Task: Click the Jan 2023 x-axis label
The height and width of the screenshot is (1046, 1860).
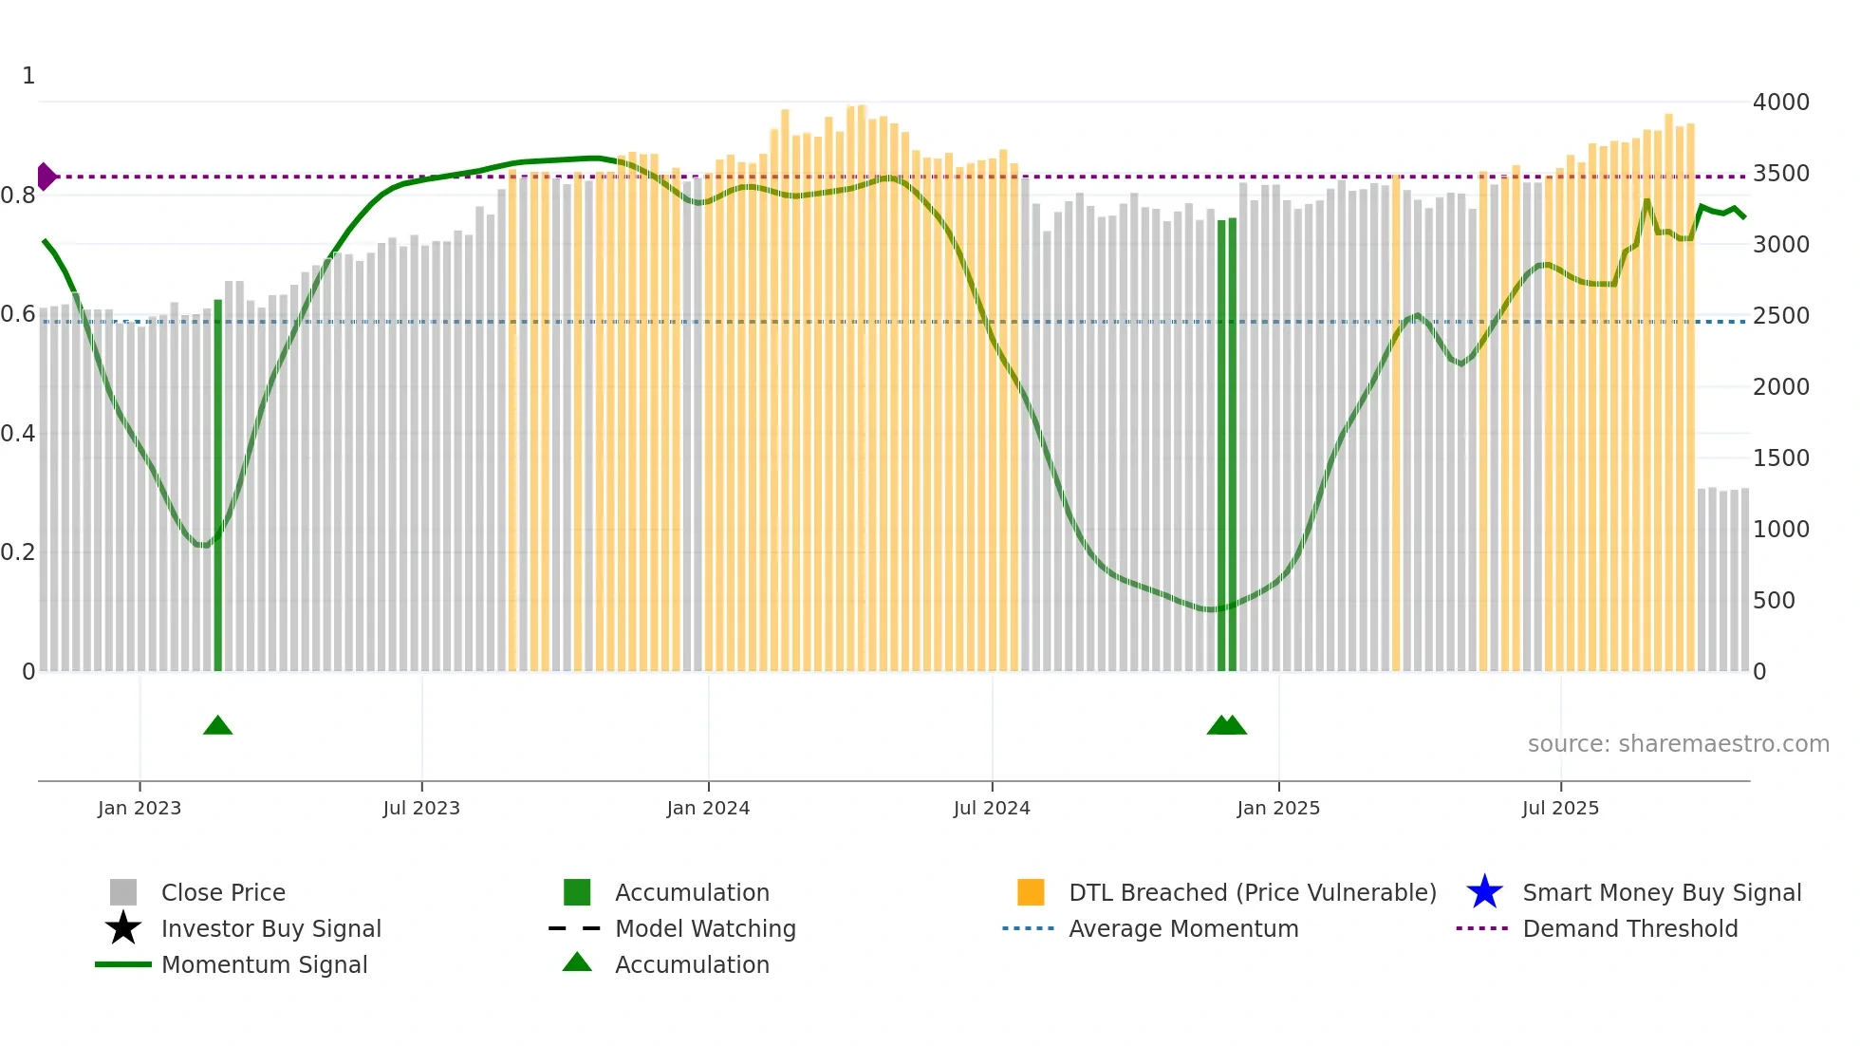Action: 139,808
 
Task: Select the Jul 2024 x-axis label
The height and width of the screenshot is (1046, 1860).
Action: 992,808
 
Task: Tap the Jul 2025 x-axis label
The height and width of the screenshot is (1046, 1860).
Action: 1560,808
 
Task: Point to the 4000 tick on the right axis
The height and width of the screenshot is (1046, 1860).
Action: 1781,103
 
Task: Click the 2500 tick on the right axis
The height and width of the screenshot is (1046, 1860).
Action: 1781,316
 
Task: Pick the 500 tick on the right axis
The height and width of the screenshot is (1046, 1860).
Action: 1774,601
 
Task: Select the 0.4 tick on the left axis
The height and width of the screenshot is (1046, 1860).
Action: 19,434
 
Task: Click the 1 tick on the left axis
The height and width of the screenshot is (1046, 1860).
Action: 28,76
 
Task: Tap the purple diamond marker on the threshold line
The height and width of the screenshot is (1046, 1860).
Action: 46,177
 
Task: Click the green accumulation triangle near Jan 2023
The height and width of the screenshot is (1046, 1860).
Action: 217,726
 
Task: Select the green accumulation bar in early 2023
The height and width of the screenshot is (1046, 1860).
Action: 218,484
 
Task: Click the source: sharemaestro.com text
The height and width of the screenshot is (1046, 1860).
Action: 1678,744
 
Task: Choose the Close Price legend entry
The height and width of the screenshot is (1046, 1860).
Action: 223,892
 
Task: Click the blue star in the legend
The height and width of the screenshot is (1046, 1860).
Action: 1484,892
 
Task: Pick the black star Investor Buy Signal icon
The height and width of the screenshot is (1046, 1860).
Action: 123,928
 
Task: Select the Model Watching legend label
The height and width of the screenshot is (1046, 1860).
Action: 705,928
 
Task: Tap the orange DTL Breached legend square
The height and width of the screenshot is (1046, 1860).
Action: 1031,892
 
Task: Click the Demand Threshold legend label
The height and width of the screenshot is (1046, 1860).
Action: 1629,928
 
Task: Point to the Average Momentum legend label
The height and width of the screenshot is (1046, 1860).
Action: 1183,928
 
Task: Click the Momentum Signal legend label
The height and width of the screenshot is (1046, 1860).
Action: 264,964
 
